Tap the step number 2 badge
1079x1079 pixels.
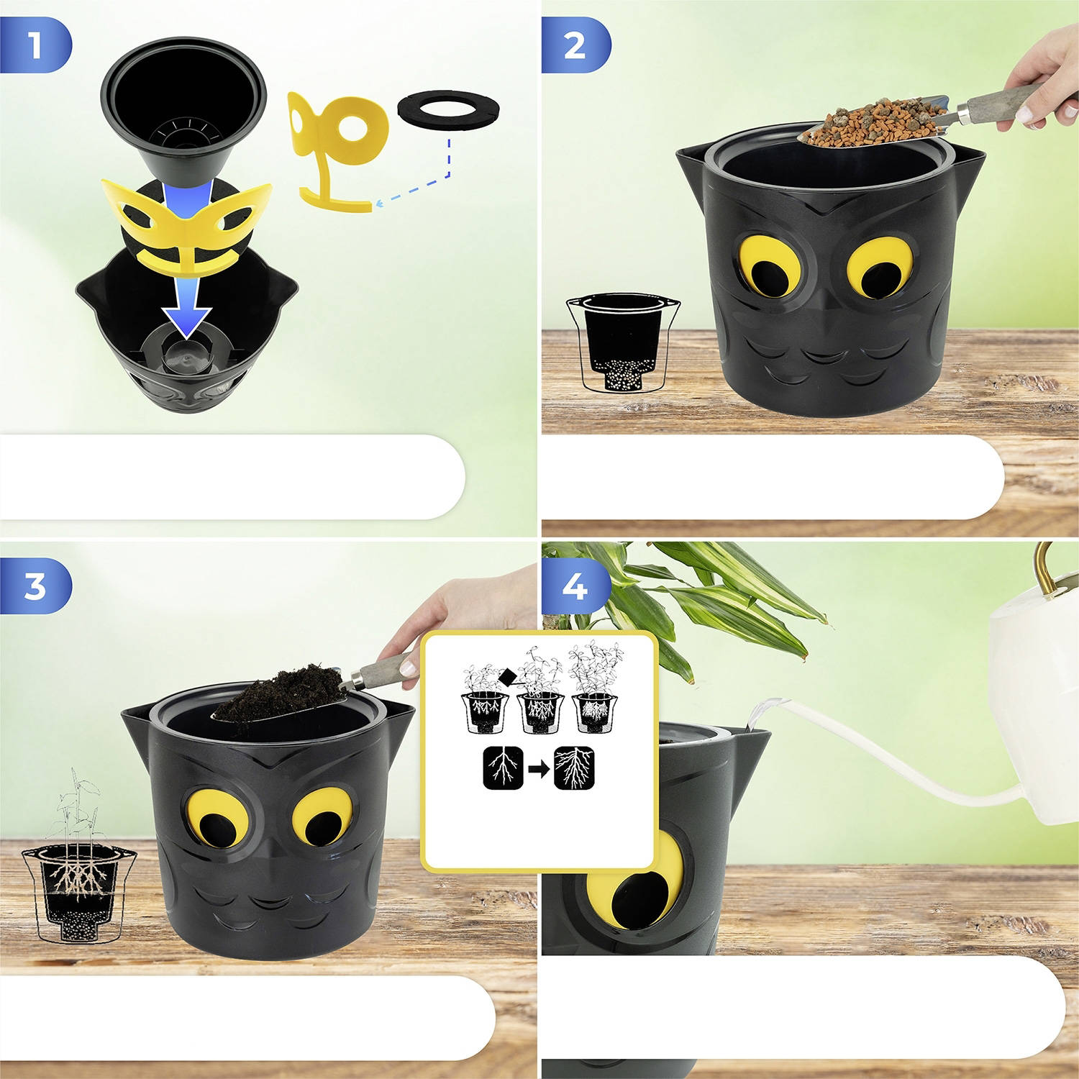[x=575, y=45]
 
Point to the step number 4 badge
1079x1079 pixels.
[x=575, y=586]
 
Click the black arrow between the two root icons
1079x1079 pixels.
[x=539, y=769]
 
